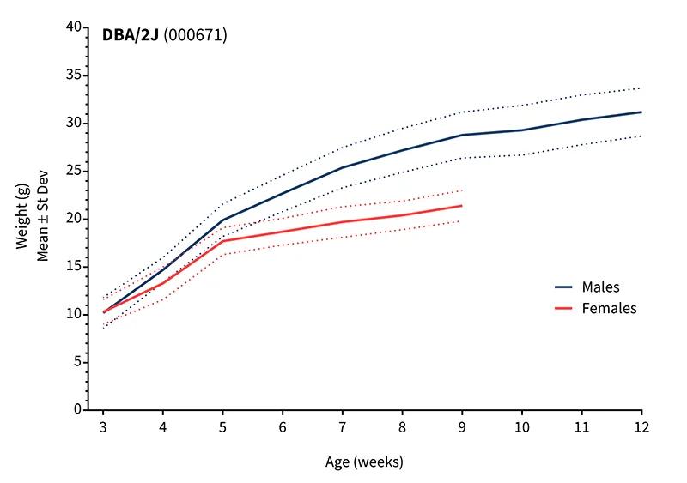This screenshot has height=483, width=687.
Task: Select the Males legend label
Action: pyautogui.click(x=600, y=287)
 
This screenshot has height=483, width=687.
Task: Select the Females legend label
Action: pyautogui.click(x=609, y=308)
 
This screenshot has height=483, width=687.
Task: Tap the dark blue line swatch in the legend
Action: pyautogui.click(x=563, y=287)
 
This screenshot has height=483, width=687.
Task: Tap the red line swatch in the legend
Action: pyautogui.click(x=563, y=309)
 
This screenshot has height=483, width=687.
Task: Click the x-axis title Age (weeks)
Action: pyautogui.click(x=364, y=462)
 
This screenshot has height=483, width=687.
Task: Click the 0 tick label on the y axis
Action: pyautogui.click(x=77, y=409)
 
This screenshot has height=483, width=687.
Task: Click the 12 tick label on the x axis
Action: pyautogui.click(x=640, y=426)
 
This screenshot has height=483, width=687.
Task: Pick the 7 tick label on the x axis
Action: pyautogui.click(x=342, y=426)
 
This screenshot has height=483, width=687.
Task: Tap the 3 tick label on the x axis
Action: pyautogui.click(x=103, y=426)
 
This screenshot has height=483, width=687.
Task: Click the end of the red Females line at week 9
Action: pyautogui.click(x=462, y=206)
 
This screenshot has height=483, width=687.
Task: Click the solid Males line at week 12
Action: pyautogui.click(x=641, y=112)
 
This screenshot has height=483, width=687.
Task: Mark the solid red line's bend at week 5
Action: pyautogui.click(x=223, y=241)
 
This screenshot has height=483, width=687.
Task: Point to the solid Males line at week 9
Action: pyautogui.click(x=462, y=135)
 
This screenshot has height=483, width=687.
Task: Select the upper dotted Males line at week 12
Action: pyautogui.click(x=640, y=88)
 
